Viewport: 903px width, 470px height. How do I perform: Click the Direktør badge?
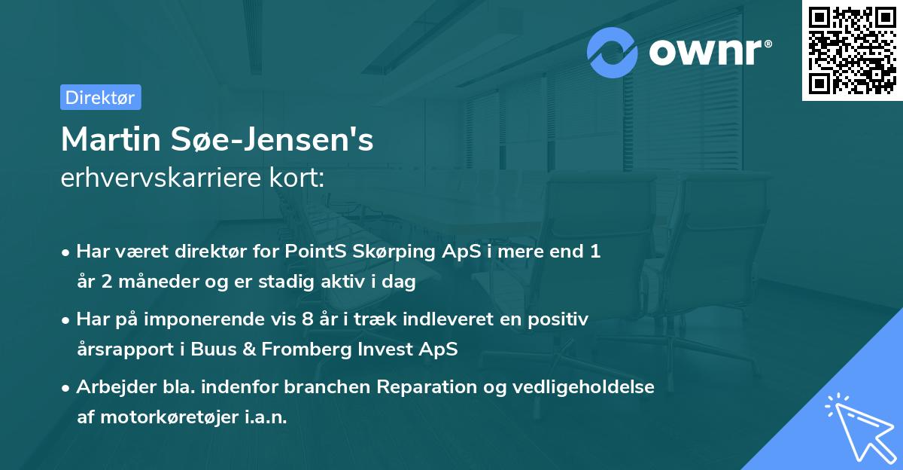tap(100, 97)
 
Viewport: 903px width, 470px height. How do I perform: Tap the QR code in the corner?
tap(852, 50)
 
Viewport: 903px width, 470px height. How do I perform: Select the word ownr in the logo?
tap(705, 53)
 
